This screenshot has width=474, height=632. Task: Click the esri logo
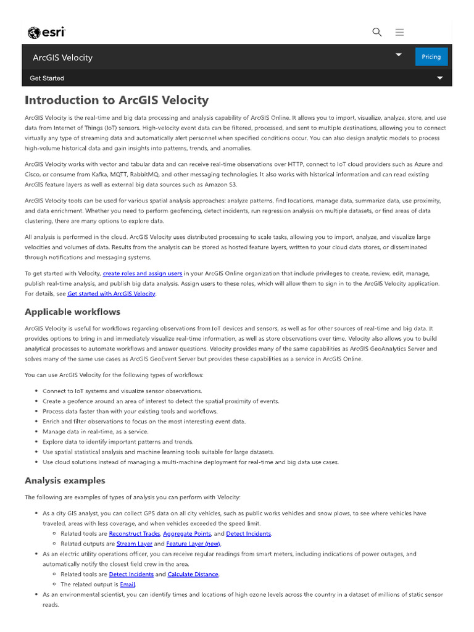click(x=47, y=33)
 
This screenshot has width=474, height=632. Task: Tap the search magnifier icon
click(x=377, y=32)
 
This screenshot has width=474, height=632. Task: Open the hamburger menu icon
click(x=399, y=32)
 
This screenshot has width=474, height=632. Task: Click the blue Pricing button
click(x=431, y=57)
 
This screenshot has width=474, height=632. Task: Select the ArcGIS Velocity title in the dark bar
click(x=62, y=57)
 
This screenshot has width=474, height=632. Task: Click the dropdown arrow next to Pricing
click(x=399, y=55)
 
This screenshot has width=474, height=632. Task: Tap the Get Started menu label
click(x=47, y=78)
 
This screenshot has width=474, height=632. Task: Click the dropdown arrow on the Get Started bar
click(x=440, y=78)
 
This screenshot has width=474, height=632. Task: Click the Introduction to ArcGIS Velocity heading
click(x=117, y=100)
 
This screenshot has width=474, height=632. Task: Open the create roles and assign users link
click(x=143, y=273)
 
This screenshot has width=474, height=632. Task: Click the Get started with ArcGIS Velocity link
click(x=111, y=294)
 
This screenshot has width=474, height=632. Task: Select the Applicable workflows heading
click(x=72, y=312)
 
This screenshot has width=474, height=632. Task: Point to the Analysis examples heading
click(x=65, y=481)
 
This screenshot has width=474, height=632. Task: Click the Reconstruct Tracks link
click(x=135, y=533)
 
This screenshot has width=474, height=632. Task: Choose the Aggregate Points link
click(x=187, y=533)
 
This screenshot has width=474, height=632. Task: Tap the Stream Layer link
click(x=135, y=544)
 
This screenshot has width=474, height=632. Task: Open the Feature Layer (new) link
click(x=193, y=544)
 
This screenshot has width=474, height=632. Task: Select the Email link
click(x=127, y=584)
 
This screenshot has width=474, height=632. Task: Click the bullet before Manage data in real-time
click(x=34, y=432)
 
